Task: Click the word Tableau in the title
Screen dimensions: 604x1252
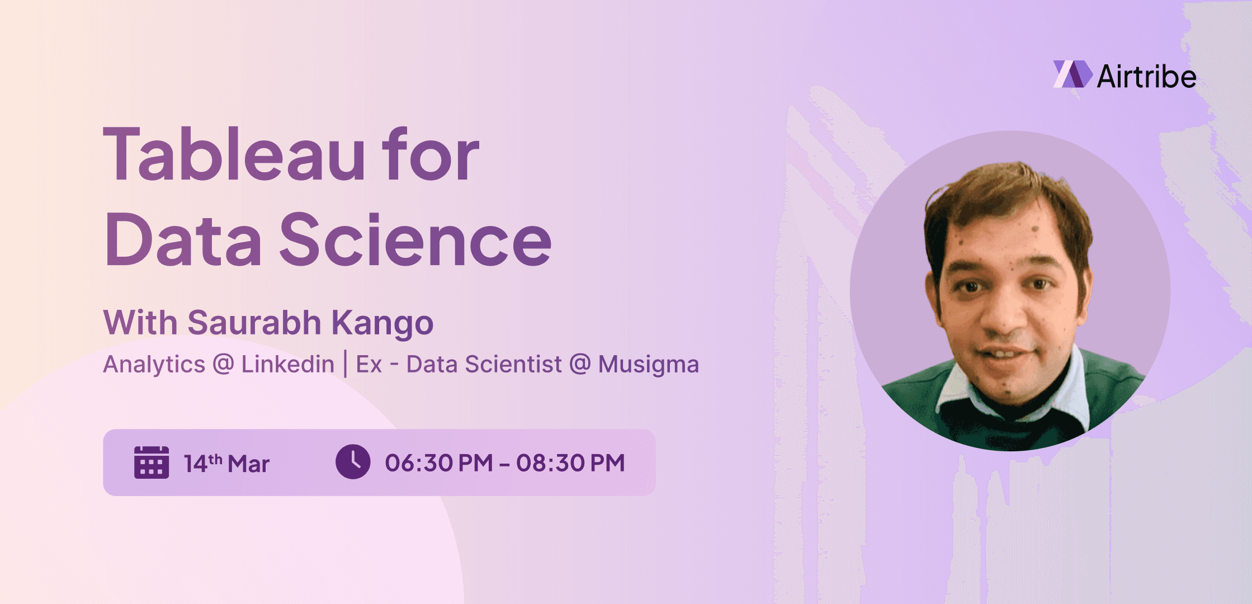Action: coord(235,155)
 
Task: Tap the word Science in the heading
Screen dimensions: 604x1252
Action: coord(415,240)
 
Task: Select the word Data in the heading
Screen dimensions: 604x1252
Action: coord(183,240)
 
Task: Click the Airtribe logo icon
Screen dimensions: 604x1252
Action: coord(1072,74)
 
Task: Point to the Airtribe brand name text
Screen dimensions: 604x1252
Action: coord(1146,77)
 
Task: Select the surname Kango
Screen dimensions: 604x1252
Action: coord(382,324)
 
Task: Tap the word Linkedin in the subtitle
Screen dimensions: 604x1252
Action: coord(287,365)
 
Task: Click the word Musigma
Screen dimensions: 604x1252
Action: coord(648,365)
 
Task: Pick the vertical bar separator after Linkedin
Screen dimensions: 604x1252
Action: coord(345,364)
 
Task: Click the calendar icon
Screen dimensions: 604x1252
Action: coord(152,463)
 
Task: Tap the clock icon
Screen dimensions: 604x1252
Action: coord(353,462)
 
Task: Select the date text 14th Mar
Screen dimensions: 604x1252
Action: coord(226,464)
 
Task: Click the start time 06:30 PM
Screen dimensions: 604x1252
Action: coord(438,463)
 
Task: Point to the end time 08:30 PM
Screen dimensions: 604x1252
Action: coord(570,463)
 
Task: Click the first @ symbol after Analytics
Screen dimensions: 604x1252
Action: coord(223,365)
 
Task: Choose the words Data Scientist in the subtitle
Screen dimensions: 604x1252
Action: coord(484,365)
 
